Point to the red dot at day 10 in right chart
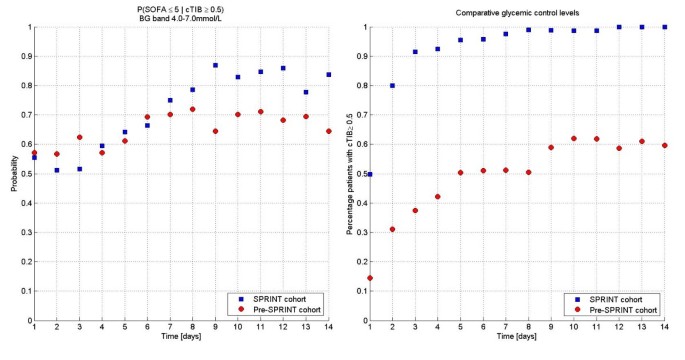[x=574, y=139]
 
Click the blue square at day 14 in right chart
[x=665, y=27]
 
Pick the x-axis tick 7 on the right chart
[x=506, y=328]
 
